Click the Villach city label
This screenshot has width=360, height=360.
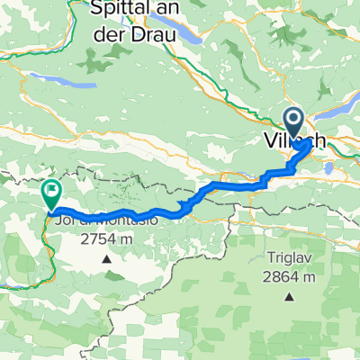pyautogui.click(x=293, y=141)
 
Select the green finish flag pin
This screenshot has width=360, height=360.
pyautogui.click(x=51, y=191)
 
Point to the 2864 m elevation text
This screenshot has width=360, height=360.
pyautogui.click(x=290, y=274)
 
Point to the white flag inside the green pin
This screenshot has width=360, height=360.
pyautogui.click(x=51, y=189)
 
